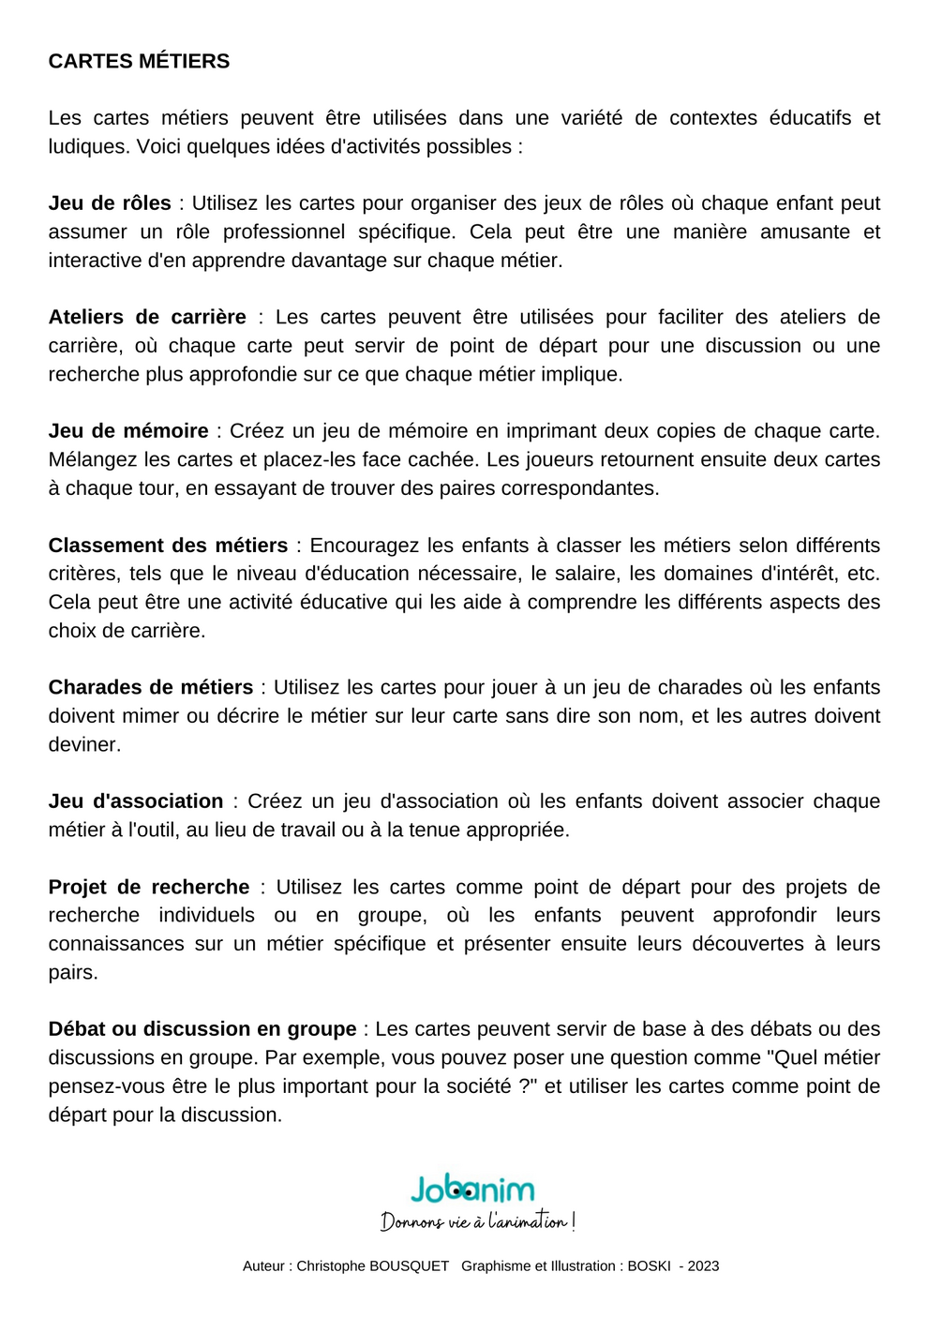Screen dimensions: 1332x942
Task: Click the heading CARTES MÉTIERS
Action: [139, 62]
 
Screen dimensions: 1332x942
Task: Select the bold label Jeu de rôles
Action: [110, 203]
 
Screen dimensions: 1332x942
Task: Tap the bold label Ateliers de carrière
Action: [147, 318]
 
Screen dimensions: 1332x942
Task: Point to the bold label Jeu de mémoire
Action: [128, 431]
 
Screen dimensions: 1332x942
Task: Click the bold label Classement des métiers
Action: [168, 546]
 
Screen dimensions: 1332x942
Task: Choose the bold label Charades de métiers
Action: [151, 688]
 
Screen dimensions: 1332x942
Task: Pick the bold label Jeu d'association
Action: [136, 801]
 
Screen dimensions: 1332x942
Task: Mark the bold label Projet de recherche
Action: [149, 888]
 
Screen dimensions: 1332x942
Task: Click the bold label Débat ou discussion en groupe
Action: [202, 1029]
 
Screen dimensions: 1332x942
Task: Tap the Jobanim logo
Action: [472, 1190]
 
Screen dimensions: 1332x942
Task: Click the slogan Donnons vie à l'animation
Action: [477, 1221]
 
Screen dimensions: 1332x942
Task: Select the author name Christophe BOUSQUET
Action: [373, 1266]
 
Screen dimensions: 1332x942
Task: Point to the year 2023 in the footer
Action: [703, 1266]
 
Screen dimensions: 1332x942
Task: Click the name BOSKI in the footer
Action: [649, 1266]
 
